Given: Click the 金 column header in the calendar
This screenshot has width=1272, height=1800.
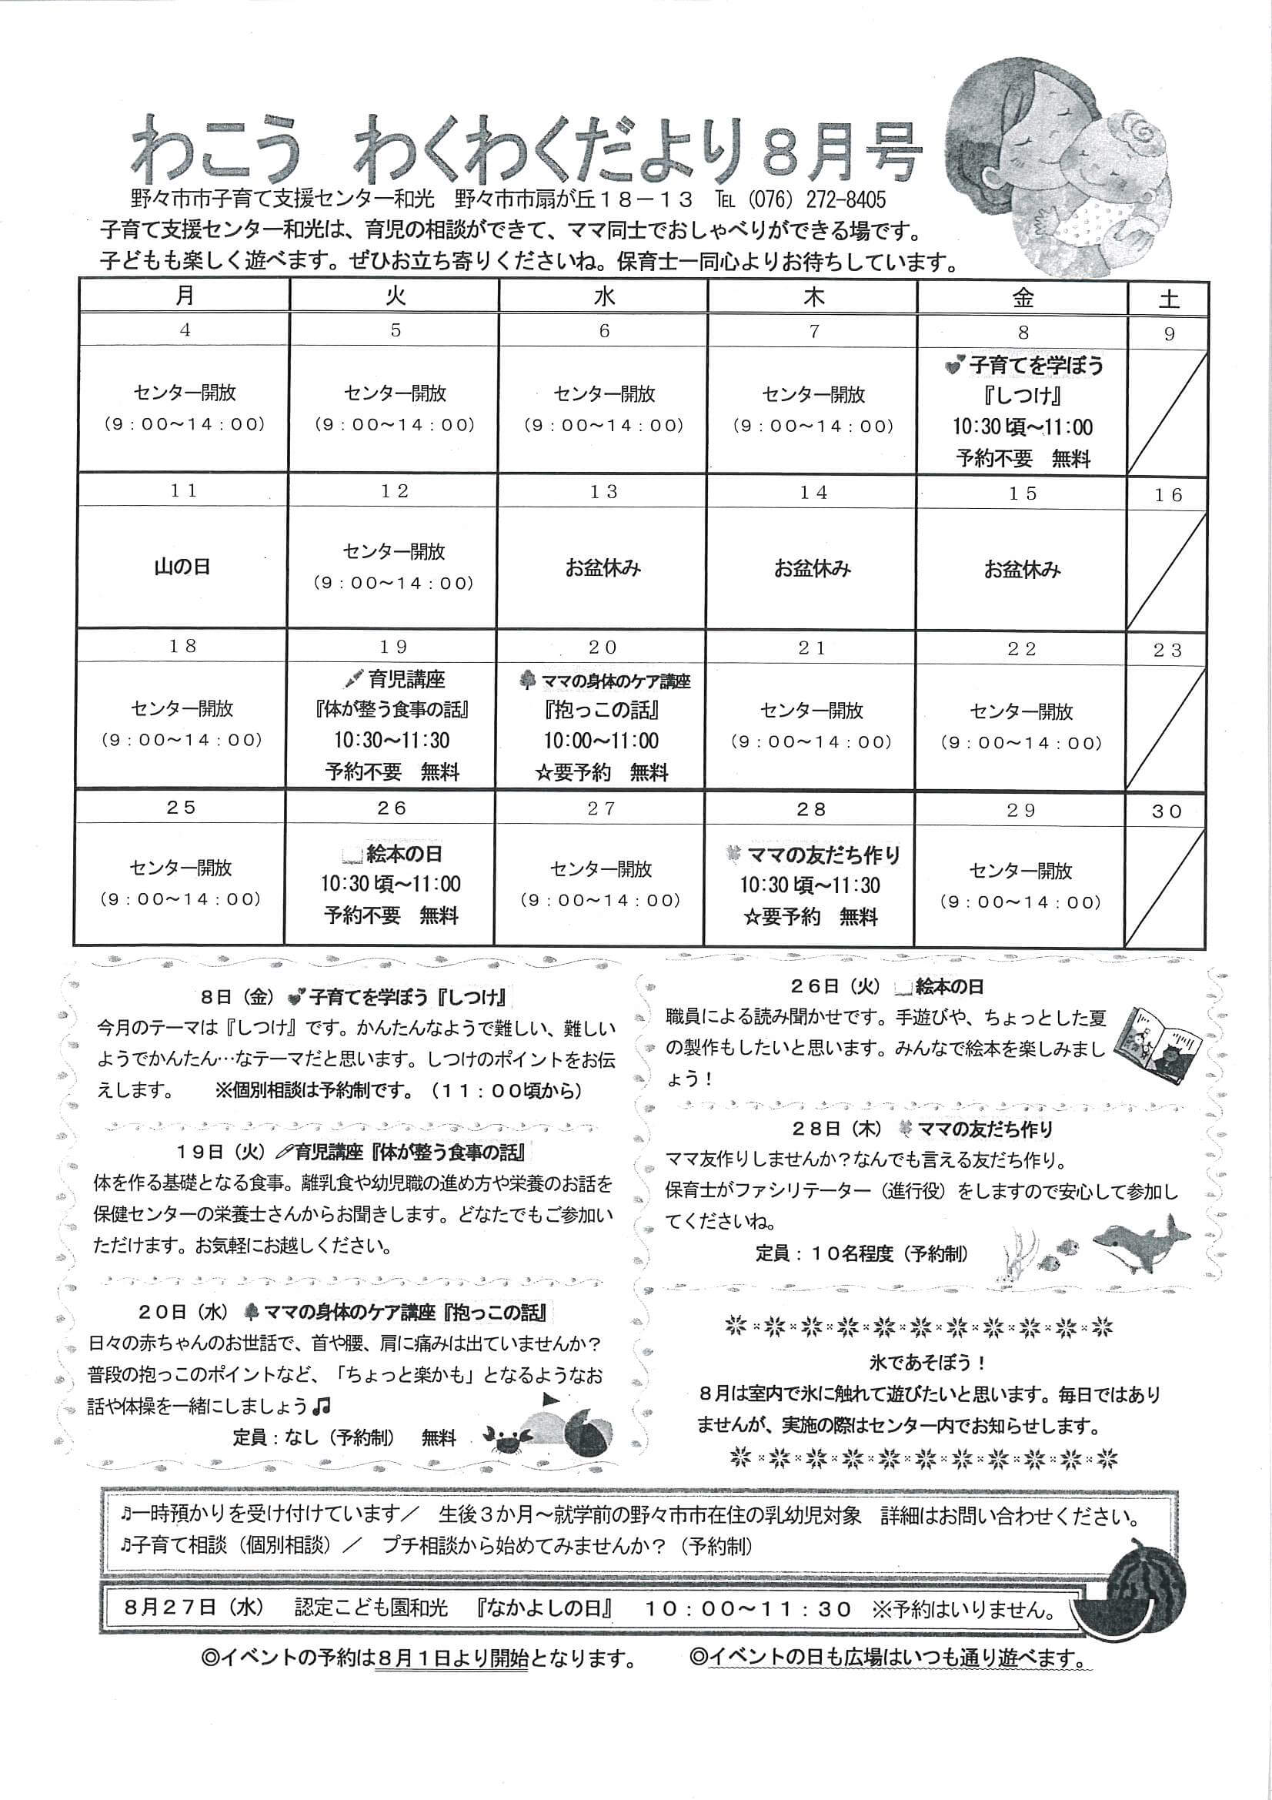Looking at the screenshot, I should pos(1022,297).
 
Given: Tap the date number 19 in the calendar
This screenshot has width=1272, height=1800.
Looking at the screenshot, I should pos(393,647).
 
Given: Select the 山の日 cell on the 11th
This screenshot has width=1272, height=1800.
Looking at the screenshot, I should pos(182,567).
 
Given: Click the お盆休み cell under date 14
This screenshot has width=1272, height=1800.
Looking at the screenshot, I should pos(813,569).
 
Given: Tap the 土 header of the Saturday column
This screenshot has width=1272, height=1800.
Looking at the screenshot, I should pos(1168,299).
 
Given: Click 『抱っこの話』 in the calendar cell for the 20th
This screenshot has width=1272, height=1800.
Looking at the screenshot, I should pos(601,711).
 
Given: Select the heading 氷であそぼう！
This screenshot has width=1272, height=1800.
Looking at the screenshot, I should pos(927,1363).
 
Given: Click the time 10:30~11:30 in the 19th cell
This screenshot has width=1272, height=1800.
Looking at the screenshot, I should pos(392,741).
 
